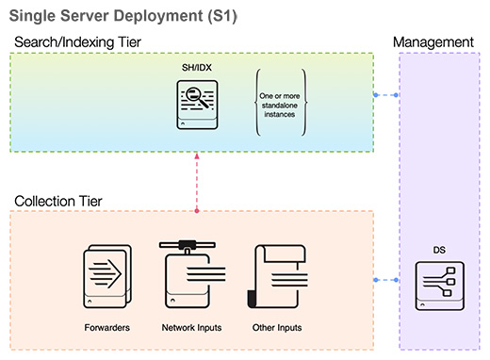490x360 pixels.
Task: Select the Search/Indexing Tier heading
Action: [76, 43]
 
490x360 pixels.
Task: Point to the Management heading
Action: [433, 42]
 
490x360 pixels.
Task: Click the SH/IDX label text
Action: [197, 69]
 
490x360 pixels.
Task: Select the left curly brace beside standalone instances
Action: [257, 105]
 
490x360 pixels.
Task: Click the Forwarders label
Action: [106, 327]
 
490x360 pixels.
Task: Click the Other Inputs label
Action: [276, 327]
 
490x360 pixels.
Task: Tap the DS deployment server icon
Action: [439, 286]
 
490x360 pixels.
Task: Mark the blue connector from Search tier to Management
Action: [385, 95]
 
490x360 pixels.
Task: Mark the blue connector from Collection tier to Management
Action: [385, 280]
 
